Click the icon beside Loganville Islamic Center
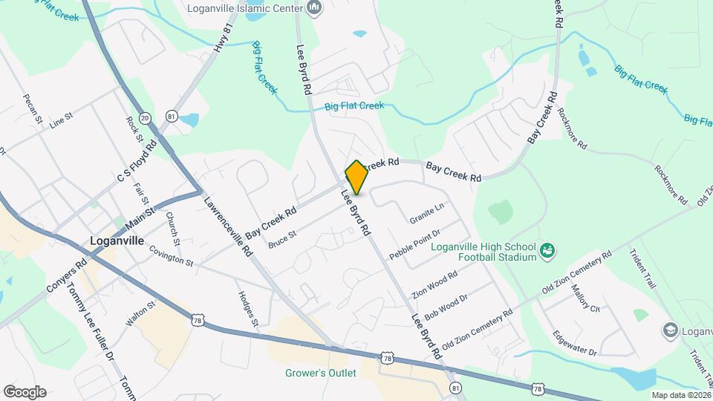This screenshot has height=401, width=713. pyautogui.click(x=314, y=8)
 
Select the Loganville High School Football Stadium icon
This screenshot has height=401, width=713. pyautogui.click(x=547, y=251)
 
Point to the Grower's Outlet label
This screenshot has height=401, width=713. pyautogui.click(x=321, y=373)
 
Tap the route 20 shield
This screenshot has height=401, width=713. pyautogui.click(x=145, y=118)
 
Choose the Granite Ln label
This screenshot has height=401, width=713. pyautogui.click(x=426, y=215)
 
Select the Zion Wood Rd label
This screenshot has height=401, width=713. pyautogui.click(x=434, y=284)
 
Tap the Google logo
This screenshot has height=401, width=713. pyautogui.click(x=25, y=392)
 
